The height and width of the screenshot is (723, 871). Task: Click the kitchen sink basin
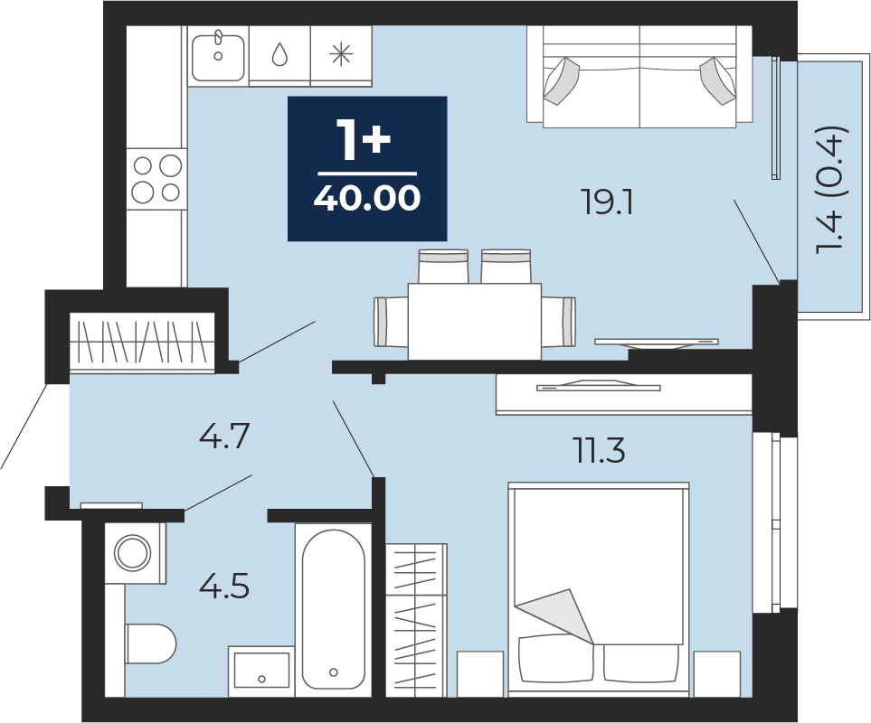pos(218,58)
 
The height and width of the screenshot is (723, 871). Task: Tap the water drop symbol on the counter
pos(279,54)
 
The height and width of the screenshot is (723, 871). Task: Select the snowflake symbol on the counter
pos(341,54)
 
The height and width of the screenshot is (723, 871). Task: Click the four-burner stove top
pos(156,179)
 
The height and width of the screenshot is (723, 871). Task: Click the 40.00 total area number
pos(366,198)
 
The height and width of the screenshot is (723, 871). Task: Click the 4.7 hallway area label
pos(224,436)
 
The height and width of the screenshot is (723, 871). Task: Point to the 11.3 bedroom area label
pos(599,450)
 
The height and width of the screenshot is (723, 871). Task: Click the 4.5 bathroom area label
pos(224,587)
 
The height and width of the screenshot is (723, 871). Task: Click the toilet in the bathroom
pos(150,643)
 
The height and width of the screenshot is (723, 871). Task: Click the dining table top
pos(474,321)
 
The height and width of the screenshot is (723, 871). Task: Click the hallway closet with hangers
pos(142,342)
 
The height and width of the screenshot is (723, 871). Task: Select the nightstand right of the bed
pos(716,673)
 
